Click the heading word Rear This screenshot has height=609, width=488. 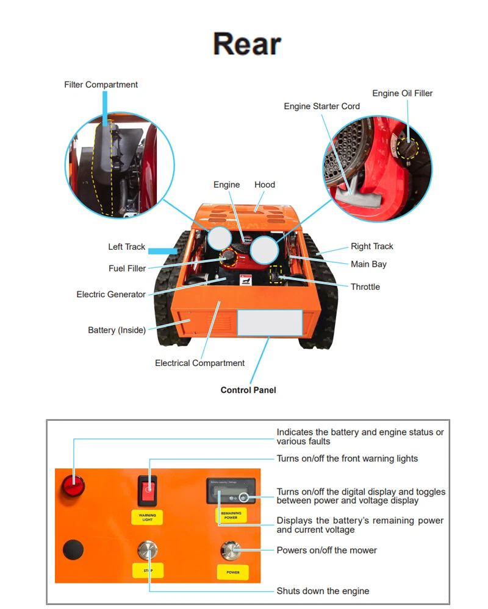[247, 44]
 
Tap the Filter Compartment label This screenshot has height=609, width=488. [101, 85]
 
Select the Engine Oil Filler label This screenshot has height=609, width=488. [402, 93]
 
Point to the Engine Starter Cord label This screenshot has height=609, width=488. [321, 106]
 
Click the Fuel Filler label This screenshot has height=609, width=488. [127, 269]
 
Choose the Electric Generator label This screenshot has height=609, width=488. [111, 294]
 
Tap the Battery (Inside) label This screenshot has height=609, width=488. [117, 330]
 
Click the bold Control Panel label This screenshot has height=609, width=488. [248, 390]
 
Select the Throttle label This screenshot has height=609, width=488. [365, 287]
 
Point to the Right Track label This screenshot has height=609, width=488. [371, 246]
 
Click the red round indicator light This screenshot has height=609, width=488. [73, 486]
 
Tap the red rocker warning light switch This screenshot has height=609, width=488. [147, 490]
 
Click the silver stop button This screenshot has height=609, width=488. [148, 551]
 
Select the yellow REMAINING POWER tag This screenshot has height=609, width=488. [231, 515]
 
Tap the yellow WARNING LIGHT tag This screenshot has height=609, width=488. [147, 518]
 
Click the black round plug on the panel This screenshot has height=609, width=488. [73, 549]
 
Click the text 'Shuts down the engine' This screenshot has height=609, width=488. [323, 591]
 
